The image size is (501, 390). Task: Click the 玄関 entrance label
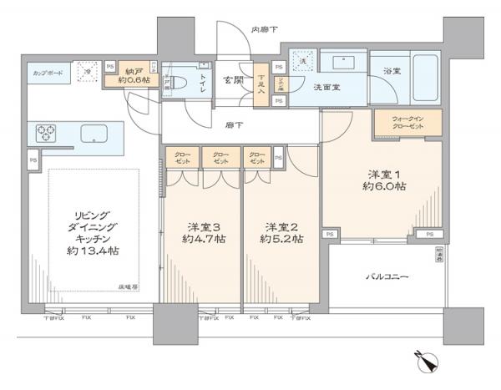(233, 81)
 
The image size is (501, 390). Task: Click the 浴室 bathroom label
(392, 72)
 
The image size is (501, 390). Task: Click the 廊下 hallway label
(235, 125)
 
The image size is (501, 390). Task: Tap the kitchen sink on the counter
(93, 133)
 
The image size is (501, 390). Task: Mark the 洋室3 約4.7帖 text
(203, 232)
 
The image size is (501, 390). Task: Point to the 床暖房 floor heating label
(128, 287)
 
